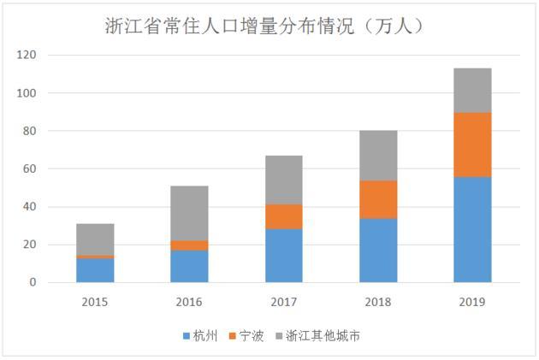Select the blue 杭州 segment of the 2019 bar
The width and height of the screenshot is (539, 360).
pyautogui.click(x=472, y=229)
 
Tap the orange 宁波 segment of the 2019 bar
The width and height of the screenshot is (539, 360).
pyautogui.click(x=472, y=145)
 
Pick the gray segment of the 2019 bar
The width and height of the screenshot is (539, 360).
pyautogui.click(x=472, y=90)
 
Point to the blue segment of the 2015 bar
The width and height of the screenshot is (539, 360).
pyautogui.click(x=95, y=270)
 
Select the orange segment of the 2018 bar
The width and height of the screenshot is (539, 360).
pyautogui.click(x=378, y=199)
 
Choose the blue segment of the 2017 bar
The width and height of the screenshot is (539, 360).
pyautogui.click(x=284, y=256)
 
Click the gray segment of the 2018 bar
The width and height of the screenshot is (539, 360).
pyautogui.click(x=378, y=156)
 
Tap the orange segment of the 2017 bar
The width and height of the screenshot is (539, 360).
pyautogui.click(x=284, y=216)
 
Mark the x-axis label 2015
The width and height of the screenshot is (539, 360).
pyautogui.click(x=95, y=302)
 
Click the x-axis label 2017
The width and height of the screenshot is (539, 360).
pyautogui.click(x=284, y=302)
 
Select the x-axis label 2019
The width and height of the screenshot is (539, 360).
pyautogui.click(x=472, y=302)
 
